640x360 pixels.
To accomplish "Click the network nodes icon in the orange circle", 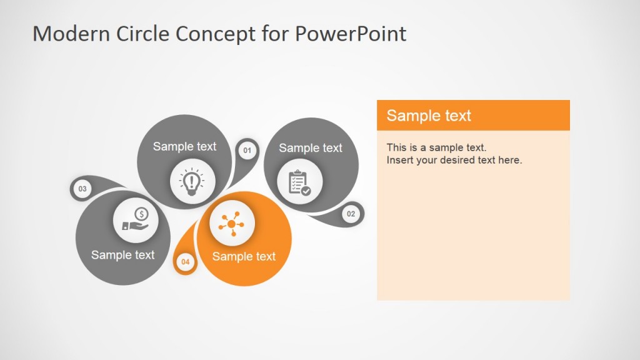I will tap(232, 223).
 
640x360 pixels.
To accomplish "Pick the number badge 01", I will tap(247, 150).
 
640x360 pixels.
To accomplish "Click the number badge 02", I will tap(351, 214).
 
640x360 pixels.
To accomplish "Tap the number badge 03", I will tap(82, 189).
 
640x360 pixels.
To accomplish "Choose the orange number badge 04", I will tap(186, 262).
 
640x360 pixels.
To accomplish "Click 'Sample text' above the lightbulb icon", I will tap(184, 146).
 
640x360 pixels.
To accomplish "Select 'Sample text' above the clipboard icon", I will tap(311, 148).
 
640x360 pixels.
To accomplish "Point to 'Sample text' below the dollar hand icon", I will tap(122, 254).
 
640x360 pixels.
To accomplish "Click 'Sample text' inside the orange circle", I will tap(244, 256).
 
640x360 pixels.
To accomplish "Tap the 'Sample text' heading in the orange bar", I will tap(429, 116).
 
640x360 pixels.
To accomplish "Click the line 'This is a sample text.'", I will tap(436, 147).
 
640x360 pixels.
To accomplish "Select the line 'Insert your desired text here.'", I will tap(454, 160).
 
